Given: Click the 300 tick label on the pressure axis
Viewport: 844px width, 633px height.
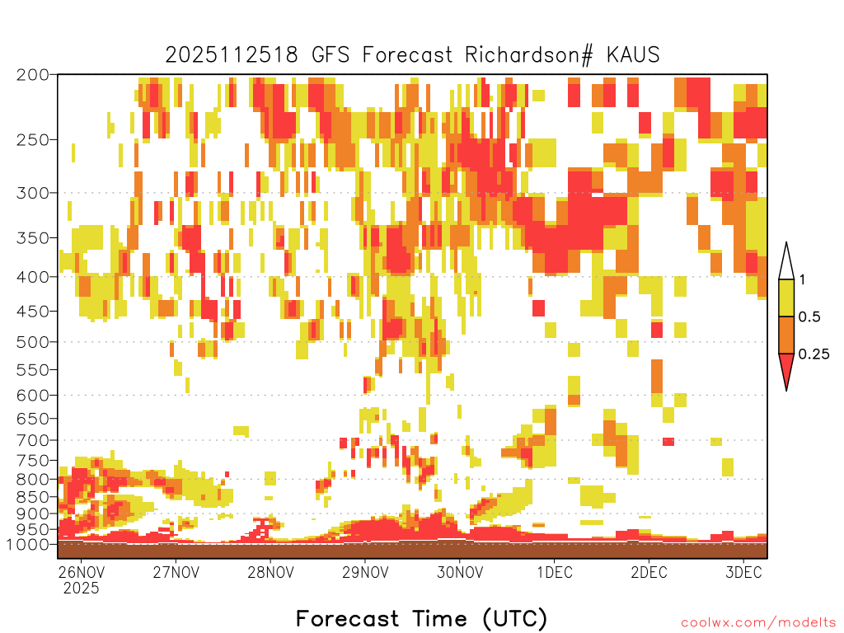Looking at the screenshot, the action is click(x=32, y=193).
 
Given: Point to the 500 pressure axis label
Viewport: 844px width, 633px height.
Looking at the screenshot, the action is click(x=32, y=342).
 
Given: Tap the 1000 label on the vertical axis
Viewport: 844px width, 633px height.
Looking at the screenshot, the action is click(x=27, y=545).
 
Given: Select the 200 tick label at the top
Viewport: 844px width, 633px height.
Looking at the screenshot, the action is click(x=32, y=75).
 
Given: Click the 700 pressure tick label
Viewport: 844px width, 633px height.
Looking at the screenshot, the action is click(x=32, y=440).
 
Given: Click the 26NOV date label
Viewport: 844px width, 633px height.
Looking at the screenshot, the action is click(x=81, y=572).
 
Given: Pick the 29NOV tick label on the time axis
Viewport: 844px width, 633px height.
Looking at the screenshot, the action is click(x=365, y=572).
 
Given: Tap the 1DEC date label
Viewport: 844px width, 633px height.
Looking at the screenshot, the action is click(x=555, y=572).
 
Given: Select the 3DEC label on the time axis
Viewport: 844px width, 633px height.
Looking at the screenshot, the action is click(x=744, y=572).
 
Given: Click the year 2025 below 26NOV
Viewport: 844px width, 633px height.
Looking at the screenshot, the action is click(x=81, y=588).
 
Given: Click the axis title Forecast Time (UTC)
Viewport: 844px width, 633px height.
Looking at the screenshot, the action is click(x=421, y=618).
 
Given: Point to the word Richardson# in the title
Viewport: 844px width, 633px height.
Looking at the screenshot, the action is click(x=529, y=55).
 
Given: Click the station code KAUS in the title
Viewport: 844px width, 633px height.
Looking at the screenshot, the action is click(x=634, y=55).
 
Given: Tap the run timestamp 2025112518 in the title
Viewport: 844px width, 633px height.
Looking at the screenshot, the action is click(x=232, y=55).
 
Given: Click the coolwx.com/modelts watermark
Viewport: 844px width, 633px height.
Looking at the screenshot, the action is click(x=758, y=623).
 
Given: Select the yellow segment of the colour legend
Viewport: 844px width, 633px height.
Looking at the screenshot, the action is click(x=786, y=298).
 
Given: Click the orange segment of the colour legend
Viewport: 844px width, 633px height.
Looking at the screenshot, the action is click(x=786, y=335).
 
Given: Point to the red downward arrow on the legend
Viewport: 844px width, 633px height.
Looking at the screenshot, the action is click(x=786, y=371).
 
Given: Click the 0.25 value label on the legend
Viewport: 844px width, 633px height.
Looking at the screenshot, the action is click(x=814, y=354).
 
